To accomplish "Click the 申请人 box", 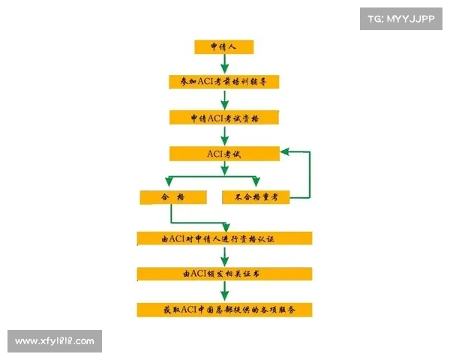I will (x=223, y=47).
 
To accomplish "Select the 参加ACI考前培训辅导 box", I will (x=224, y=80).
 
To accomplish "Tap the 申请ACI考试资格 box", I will (x=224, y=118).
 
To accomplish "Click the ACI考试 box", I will (x=224, y=154).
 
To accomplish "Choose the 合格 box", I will (x=172, y=197).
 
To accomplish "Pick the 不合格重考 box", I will (x=256, y=197).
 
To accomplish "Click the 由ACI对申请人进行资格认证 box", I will (x=224, y=238).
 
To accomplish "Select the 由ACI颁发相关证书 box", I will (x=224, y=274).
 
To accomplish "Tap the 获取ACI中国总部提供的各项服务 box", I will (x=224, y=309).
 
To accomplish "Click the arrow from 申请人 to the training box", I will (x=224, y=64).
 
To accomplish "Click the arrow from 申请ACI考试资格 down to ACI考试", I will (x=224, y=136).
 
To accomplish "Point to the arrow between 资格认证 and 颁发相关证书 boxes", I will (x=224, y=256).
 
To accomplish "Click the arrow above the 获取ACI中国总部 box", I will (x=224, y=292).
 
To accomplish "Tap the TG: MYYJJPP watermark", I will (x=401, y=18).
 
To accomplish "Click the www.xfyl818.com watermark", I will (x=54, y=341).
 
